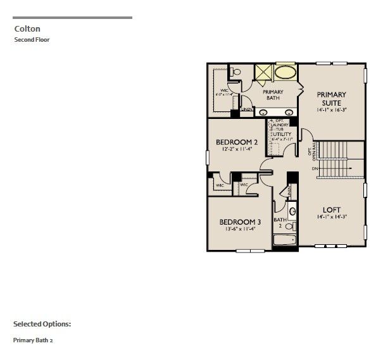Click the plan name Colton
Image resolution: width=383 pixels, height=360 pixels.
(x=25, y=28)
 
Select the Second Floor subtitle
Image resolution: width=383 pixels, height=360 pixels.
(x=32, y=40)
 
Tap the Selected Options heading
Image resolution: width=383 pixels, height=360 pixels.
(x=42, y=324)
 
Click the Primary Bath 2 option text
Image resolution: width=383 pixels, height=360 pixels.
(x=37, y=340)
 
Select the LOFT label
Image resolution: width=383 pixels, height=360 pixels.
(x=332, y=209)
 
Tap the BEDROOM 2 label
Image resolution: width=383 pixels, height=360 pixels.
(x=237, y=142)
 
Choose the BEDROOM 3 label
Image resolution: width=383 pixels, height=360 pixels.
(x=240, y=221)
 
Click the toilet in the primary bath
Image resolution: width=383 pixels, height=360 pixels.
(x=236, y=73)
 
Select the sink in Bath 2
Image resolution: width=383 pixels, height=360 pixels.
(x=292, y=211)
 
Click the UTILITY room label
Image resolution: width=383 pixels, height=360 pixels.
(x=281, y=135)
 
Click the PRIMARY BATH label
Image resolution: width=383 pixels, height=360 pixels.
(x=273, y=95)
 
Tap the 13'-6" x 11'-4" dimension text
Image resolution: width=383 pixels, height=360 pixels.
(x=240, y=230)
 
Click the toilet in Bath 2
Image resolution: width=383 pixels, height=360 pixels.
(x=291, y=226)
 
